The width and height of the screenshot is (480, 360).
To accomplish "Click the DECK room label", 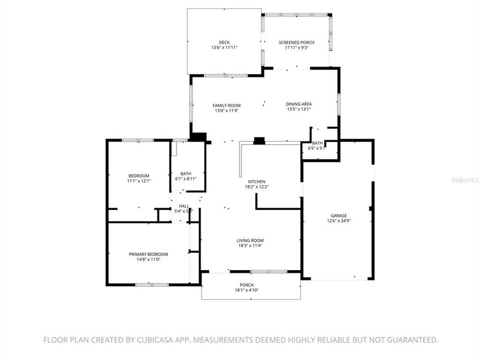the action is pyautogui.click(x=224, y=42).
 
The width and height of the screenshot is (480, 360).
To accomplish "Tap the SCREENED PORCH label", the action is pyautogui.click(x=296, y=42).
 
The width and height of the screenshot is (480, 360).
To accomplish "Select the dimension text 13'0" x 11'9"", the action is pyautogui.click(x=226, y=111).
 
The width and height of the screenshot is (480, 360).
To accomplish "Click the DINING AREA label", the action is pyautogui.click(x=299, y=104).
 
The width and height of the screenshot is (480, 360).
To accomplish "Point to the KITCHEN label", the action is pyautogui.click(x=255, y=181).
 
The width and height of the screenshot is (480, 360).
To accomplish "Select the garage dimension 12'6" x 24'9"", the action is pyautogui.click(x=338, y=220).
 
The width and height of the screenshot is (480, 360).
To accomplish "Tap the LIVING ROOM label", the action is pyautogui.click(x=250, y=240).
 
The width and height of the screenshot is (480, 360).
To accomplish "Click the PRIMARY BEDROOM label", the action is pyautogui.click(x=148, y=254).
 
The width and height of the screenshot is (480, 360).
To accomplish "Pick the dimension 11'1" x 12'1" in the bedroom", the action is pyautogui.click(x=139, y=181).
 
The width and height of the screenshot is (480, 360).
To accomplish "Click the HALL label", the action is pyautogui.click(x=184, y=206).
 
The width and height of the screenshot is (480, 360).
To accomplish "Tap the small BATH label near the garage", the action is pyautogui.click(x=317, y=143).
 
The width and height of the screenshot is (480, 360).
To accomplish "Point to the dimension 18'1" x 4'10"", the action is pyautogui.click(x=246, y=290).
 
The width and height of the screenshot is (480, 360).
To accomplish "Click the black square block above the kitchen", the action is pyautogui.click(x=259, y=141).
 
